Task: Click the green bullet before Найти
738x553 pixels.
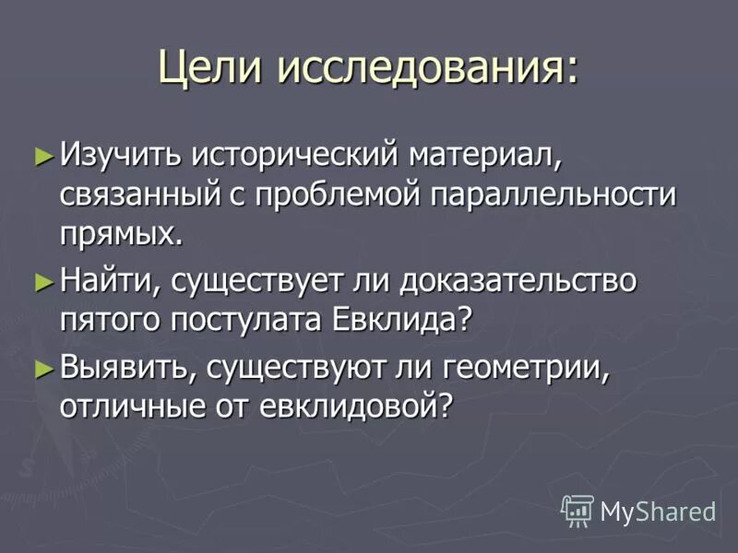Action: [x=42, y=280]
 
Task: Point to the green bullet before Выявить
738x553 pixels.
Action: [x=42, y=368]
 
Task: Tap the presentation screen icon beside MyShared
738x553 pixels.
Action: [x=577, y=510]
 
